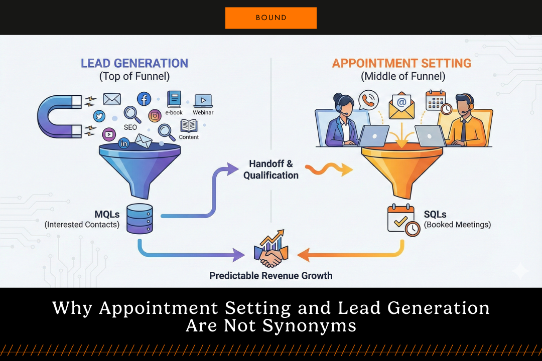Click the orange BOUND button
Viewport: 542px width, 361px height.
(271, 18)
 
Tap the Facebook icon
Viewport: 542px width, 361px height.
(144, 99)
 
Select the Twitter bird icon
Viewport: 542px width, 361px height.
(99, 116)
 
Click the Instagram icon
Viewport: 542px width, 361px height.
(155, 115)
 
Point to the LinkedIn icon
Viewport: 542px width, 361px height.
(123, 144)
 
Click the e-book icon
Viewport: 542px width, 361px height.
(174, 99)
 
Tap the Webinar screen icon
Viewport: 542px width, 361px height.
(203, 100)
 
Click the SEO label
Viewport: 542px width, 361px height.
(130, 127)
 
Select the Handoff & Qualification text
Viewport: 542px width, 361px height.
(271, 169)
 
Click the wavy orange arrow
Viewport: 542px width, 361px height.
(328, 169)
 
